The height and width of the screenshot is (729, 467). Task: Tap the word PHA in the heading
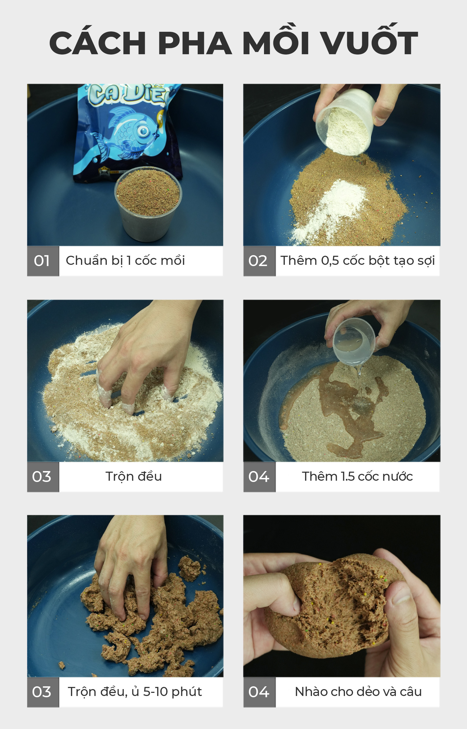[195, 43]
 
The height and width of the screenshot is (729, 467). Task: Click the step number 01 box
[43, 261]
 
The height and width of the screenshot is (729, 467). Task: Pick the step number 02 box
[259, 261]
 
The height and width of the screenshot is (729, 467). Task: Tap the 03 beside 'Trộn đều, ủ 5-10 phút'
[43, 692]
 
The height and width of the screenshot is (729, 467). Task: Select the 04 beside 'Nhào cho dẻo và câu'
[259, 692]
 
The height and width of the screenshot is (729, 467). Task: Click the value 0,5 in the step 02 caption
[330, 261]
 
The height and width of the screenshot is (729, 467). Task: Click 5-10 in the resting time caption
[156, 692]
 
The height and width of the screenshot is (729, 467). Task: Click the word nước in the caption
[398, 477]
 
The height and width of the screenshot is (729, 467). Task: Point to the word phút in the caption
[187, 692]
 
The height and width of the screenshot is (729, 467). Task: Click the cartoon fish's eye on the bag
[144, 131]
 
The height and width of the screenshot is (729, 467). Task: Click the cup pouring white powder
[346, 121]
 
